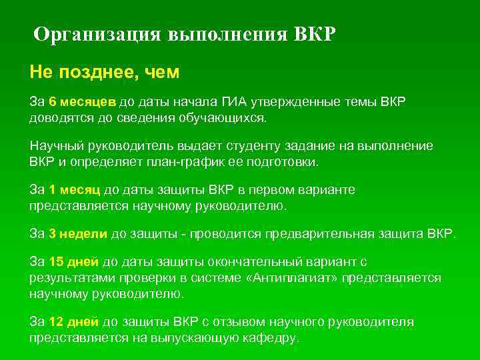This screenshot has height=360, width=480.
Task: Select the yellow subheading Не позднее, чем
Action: click(105, 71)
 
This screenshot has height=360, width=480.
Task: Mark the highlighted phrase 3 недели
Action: click(79, 234)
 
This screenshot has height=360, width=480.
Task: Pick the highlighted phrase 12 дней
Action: click(73, 322)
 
